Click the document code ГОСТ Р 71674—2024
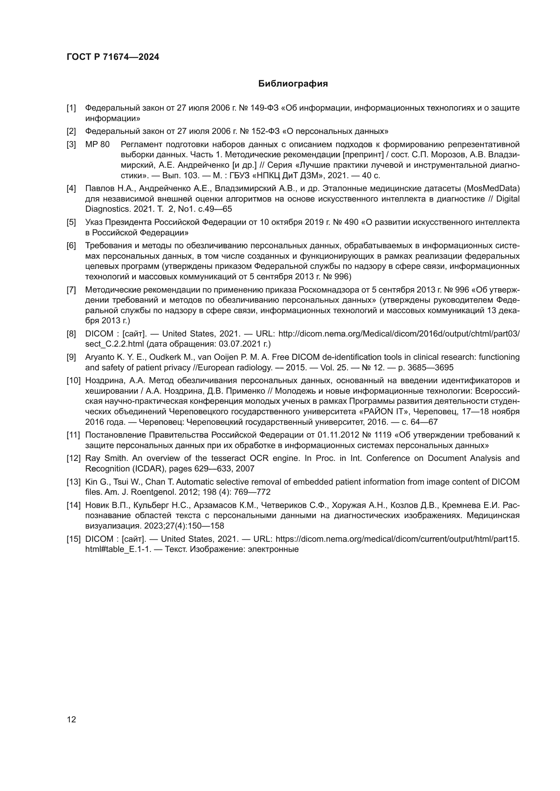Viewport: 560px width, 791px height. tap(113, 57)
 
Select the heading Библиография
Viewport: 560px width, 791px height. tap(293, 84)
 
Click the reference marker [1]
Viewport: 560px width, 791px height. tap(71, 108)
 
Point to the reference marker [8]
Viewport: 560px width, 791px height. tap(71, 334)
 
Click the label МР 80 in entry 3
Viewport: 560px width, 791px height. tap(97, 144)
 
